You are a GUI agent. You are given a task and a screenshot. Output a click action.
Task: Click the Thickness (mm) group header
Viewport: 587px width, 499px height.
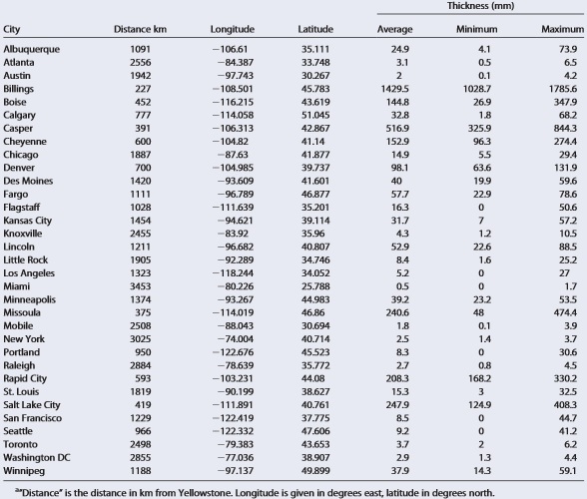(480, 6)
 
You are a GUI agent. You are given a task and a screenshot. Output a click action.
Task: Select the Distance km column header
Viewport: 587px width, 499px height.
(140, 29)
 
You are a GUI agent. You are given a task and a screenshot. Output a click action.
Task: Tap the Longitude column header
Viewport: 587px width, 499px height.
(232, 29)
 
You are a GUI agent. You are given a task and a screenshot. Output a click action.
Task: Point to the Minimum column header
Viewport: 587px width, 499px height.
(476, 29)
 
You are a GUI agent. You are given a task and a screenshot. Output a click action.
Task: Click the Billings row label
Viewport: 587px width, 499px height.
(18, 89)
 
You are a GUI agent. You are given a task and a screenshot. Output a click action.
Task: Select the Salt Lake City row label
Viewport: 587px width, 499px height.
(32, 405)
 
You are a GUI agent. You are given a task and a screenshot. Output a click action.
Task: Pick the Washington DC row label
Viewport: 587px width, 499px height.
(37, 457)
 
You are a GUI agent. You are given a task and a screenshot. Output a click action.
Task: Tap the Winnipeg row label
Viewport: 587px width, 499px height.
(24, 471)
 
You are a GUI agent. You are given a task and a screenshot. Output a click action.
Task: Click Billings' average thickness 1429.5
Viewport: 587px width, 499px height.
(395, 89)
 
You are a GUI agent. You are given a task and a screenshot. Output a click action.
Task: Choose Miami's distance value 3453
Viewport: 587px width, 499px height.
(141, 286)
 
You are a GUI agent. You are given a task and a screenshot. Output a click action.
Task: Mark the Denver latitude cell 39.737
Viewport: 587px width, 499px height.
(315, 168)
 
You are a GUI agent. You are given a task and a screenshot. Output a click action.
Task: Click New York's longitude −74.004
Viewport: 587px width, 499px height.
(236, 339)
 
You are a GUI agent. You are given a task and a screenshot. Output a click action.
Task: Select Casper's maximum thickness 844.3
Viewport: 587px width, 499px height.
(565, 129)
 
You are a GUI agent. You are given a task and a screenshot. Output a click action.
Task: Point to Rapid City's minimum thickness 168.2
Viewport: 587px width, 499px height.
(479, 378)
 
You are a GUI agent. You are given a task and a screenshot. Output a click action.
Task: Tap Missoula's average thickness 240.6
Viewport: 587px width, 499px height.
(397, 312)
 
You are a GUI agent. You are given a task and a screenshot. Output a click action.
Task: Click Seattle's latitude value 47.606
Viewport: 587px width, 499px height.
(315, 431)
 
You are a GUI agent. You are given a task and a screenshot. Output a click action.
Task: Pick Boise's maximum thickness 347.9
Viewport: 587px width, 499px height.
(565, 102)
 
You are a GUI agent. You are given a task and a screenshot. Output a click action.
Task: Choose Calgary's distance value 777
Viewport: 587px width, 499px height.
(143, 116)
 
